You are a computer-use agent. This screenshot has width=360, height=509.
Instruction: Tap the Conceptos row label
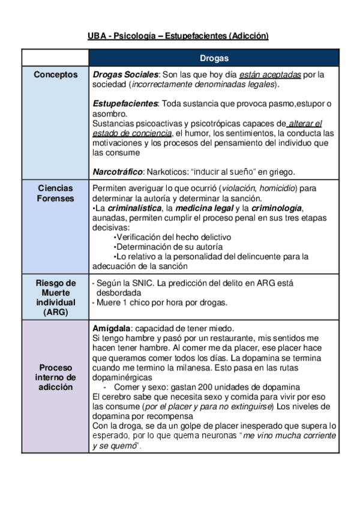[x=55, y=75]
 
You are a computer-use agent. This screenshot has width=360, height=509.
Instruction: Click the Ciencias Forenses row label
[x=55, y=193]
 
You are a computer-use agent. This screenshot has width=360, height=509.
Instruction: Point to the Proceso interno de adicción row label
[x=55, y=377]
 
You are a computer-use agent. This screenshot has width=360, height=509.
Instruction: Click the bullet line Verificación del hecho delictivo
[x=173, y=237]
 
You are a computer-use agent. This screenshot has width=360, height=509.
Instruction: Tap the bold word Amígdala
[x=112, y=328]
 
